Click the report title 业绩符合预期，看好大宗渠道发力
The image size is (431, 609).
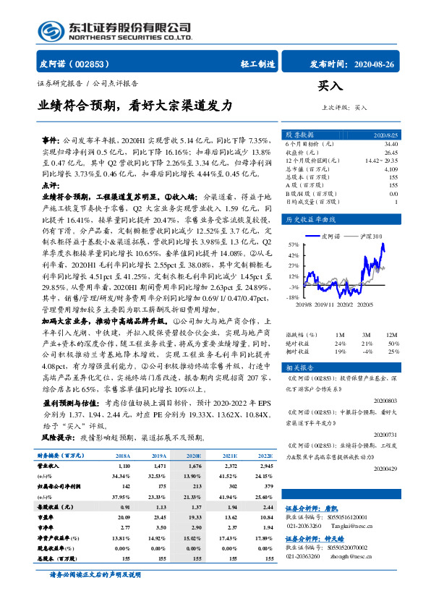135,105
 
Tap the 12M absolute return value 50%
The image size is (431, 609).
393,343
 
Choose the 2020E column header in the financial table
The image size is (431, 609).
194,456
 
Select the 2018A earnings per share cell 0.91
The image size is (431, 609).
123,508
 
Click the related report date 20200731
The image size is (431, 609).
387,433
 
